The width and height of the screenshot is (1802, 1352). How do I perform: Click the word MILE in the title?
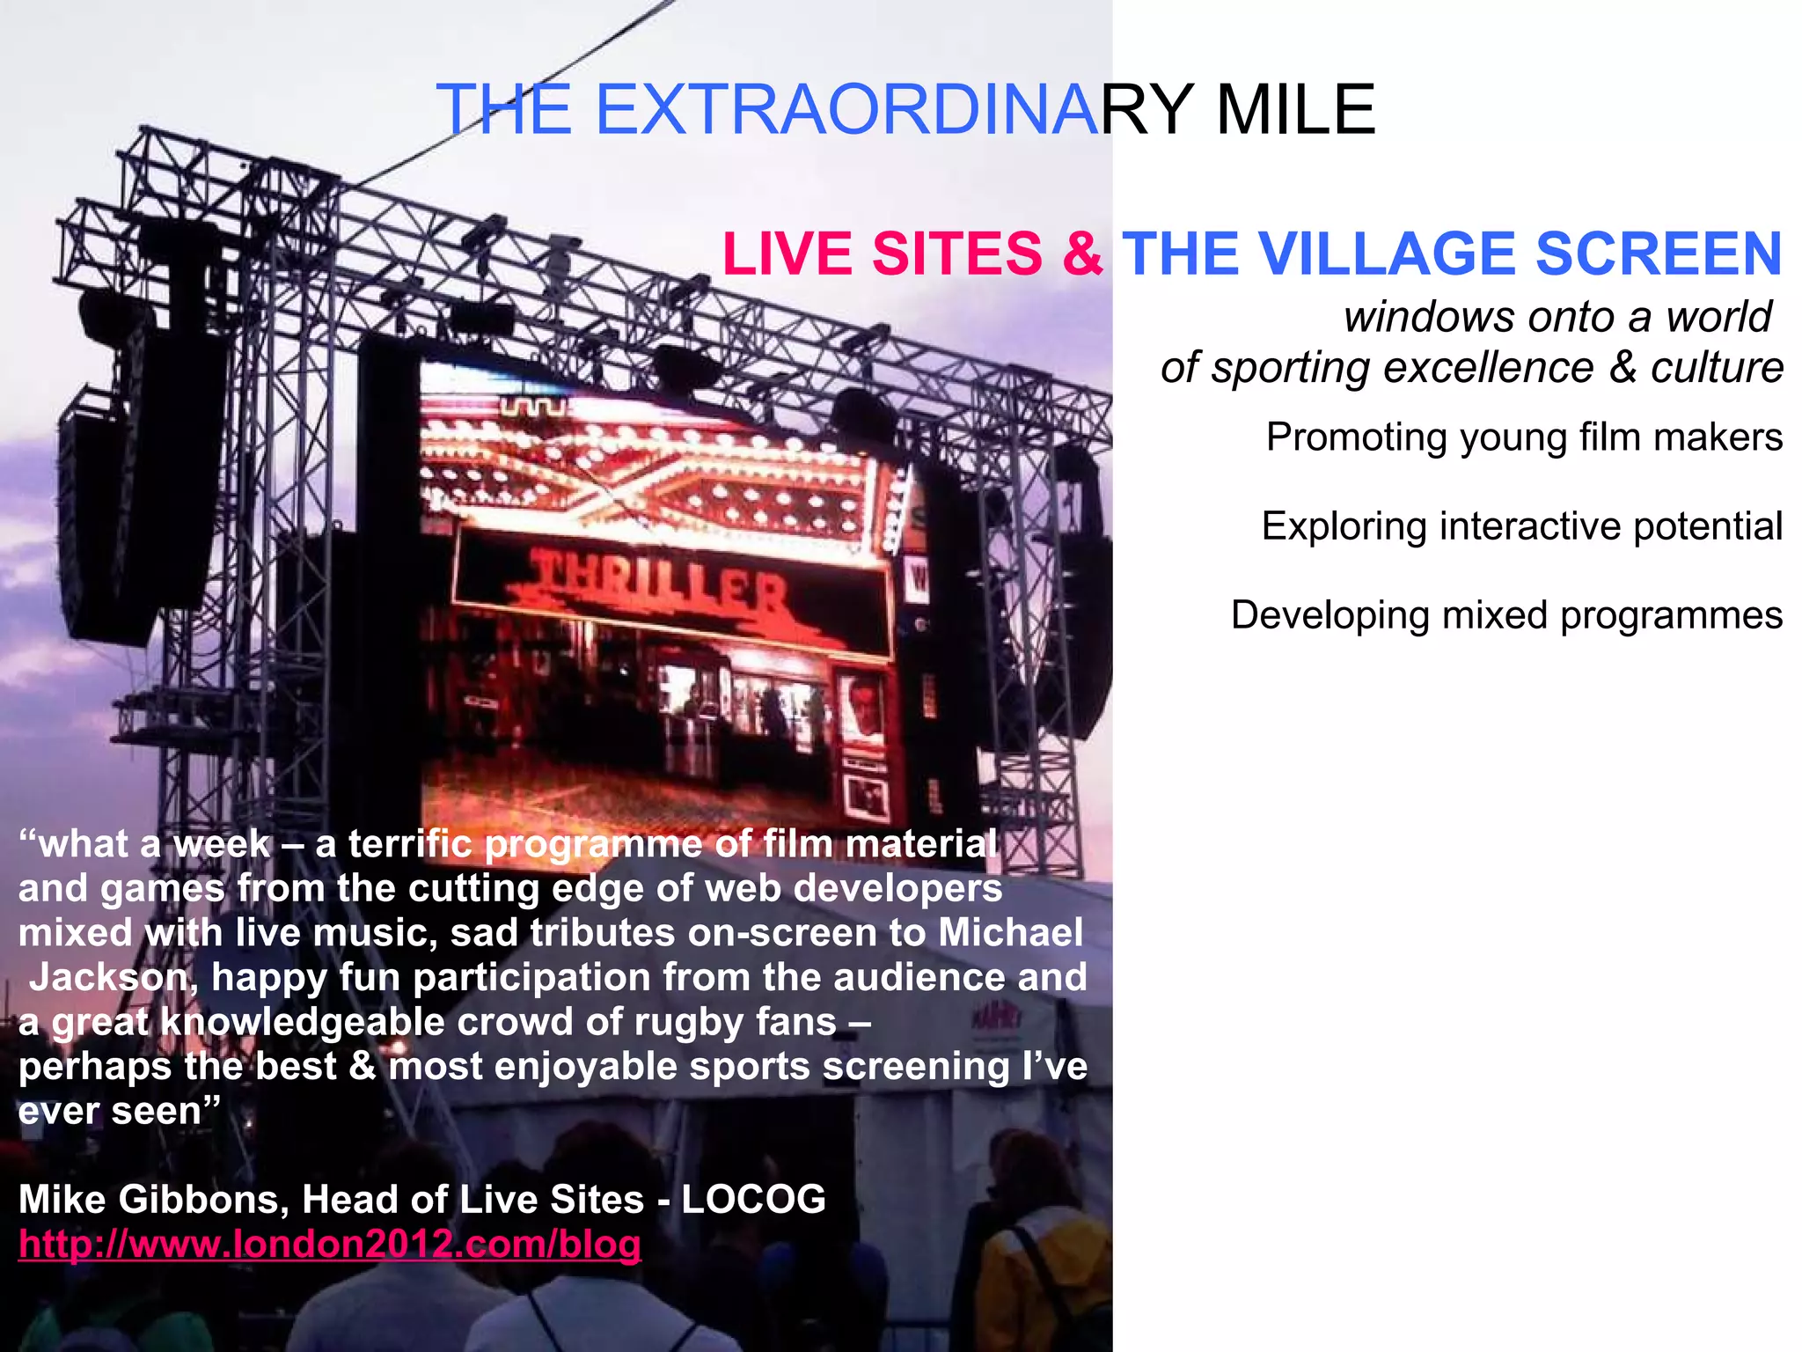[1294, 110]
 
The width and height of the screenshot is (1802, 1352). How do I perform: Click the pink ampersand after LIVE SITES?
[1081, 254]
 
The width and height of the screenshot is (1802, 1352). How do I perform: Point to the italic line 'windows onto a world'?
[1557, 317]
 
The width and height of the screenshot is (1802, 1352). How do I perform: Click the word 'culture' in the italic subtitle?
[1716, 368]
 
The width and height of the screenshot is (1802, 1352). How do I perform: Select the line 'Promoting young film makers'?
[1523, 437]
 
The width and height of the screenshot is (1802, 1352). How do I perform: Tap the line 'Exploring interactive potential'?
[1521, 526]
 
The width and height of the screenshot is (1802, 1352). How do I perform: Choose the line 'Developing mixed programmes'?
[1505, 615]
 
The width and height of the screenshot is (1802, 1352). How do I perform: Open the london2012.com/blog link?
[330, 1245]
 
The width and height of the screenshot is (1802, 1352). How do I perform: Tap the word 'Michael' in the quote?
[1010, 933]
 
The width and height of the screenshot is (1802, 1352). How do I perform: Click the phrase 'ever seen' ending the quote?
[110, 1112]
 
